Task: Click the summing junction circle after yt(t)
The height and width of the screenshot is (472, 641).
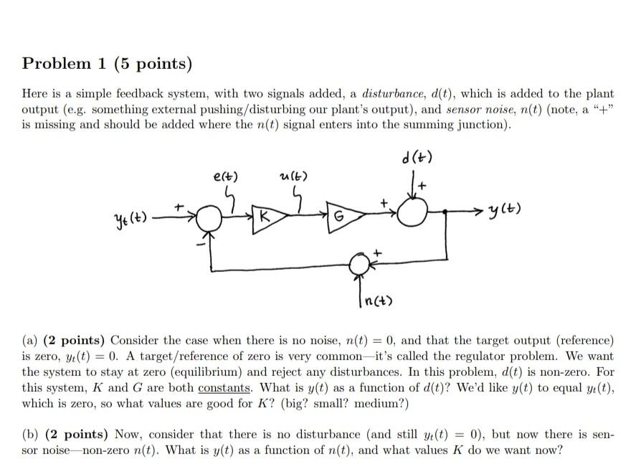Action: click(210, 215)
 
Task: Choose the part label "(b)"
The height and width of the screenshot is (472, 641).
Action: click(30, 435)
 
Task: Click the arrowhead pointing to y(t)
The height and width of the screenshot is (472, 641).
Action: click(484, 211)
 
